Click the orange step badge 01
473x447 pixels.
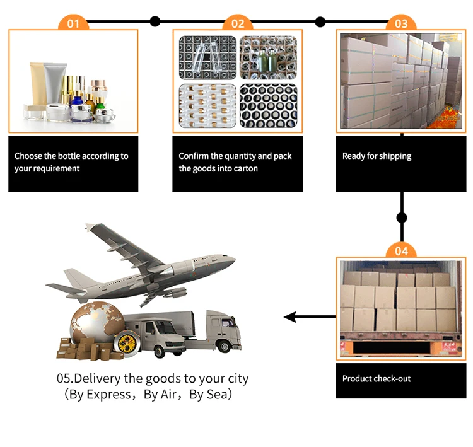(x=74, y=23)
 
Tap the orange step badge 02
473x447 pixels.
(x=238, y=23)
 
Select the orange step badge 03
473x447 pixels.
(x=401, y=23)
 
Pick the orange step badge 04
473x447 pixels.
(x=401, y=251)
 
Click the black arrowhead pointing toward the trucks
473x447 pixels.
(x=291, y=316)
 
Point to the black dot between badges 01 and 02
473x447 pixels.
(x=155, y=22)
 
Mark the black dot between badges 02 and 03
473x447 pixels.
(x=320, y=22)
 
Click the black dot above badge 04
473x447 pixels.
(x=401, y=218)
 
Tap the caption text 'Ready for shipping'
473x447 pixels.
(x=377, y=156)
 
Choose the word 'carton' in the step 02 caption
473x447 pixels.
(x=244, y=168)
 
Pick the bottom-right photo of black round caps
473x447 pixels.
(x=269, y=107)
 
